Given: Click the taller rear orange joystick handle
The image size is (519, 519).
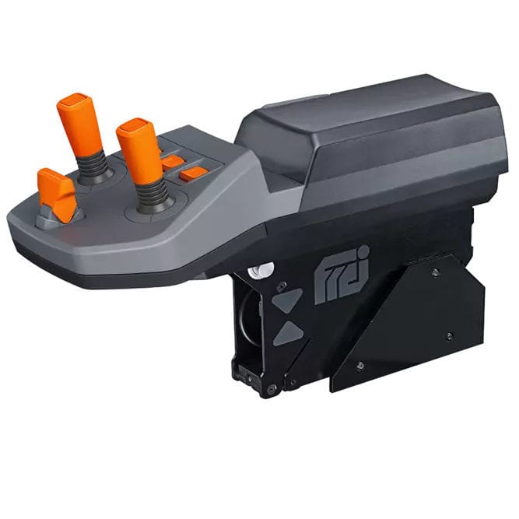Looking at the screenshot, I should click(x=80, y=124).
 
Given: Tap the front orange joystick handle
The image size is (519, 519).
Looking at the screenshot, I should click(x=140, y=153).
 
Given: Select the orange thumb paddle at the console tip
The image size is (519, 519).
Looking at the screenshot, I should click(x=57, y=192).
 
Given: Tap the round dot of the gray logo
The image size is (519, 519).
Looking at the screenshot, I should click(x=363, y=255).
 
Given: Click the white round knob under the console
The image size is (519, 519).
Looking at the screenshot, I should click(x=260, y=270).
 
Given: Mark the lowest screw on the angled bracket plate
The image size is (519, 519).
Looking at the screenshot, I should click(x=359, y=365).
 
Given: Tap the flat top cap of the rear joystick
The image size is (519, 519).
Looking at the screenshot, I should click(x=76, y=101).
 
